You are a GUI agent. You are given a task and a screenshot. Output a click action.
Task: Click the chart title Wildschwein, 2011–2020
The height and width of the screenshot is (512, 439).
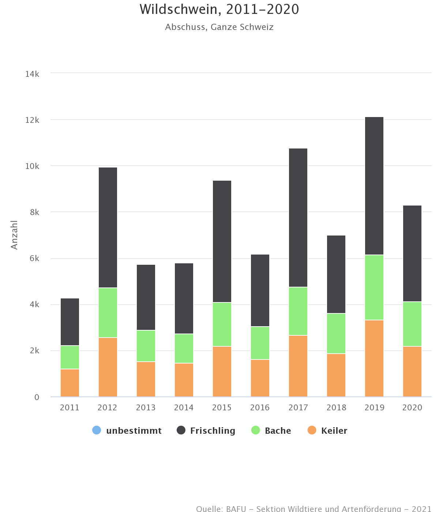click(219, 10)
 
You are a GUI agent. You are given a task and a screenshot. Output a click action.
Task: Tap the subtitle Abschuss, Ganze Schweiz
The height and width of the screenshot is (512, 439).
click(219, 27)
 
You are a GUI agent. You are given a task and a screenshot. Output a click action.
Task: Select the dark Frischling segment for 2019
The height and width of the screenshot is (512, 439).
click(374, 186)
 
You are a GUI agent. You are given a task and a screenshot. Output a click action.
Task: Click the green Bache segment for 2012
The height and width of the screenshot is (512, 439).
click(108, 313)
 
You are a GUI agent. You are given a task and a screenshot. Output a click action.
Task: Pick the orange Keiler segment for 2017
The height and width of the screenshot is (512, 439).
click(298, 366)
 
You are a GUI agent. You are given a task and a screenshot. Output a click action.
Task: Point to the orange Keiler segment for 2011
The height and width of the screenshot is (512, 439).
click(70, 383)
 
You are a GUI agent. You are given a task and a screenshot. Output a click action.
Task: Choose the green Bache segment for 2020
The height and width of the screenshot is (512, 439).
click(412, 324)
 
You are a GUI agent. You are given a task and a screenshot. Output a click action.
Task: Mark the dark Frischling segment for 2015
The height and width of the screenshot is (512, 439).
click(222, 241)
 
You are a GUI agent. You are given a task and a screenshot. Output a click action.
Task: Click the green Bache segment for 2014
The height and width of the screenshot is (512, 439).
click(184, 349)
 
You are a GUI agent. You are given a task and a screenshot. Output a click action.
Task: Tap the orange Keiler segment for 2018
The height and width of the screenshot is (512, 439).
click(336, 375)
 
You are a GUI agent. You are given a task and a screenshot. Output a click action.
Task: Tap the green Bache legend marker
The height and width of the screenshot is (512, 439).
click(256, 430)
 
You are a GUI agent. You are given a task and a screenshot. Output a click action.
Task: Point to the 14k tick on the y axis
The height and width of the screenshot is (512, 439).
click(32, 74)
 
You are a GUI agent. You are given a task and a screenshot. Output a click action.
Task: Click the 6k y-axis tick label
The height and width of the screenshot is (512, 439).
click(34, 259)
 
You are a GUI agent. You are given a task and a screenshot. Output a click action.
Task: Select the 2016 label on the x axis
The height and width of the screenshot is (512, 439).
click(260, 407)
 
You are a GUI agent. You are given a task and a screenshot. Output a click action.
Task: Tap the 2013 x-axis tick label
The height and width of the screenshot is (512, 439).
click(146, 407)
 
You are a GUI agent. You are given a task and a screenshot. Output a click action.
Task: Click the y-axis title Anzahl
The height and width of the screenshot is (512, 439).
click(14, 235)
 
